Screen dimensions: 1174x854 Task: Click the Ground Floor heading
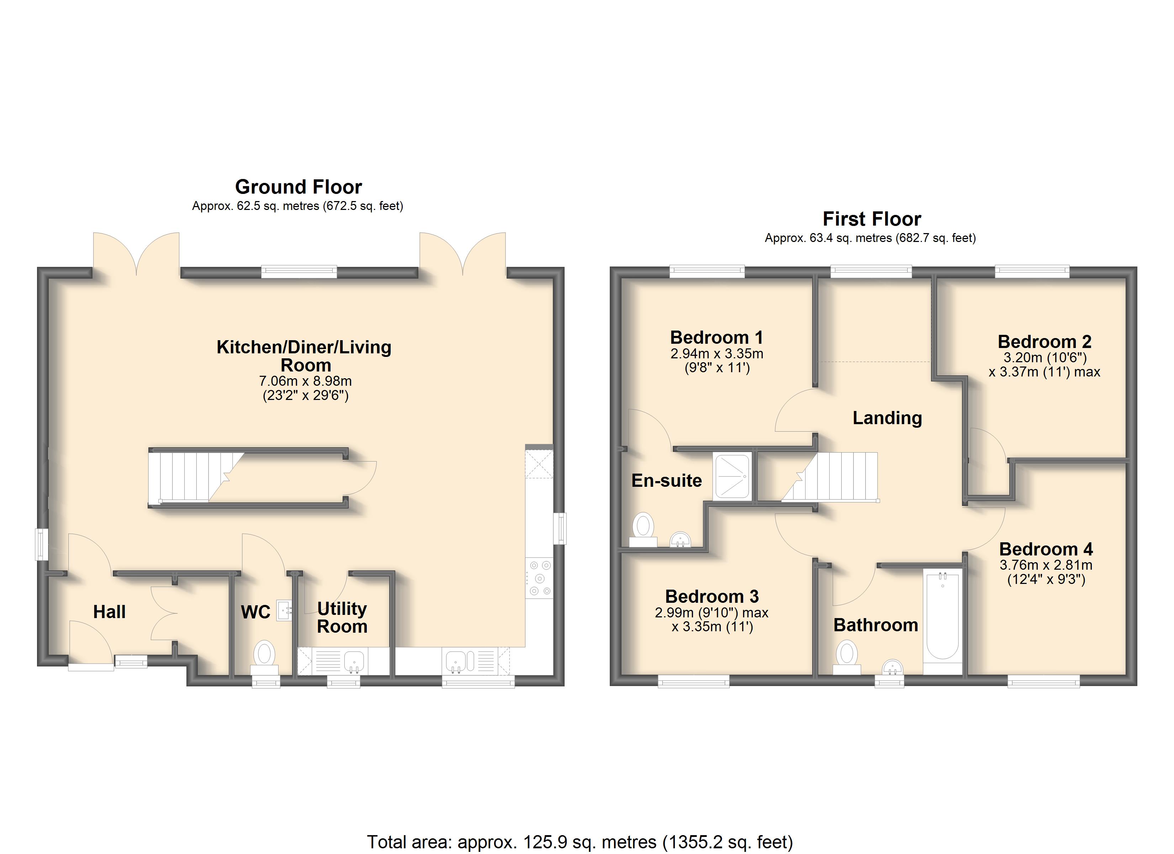299,186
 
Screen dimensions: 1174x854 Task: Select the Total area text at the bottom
580,842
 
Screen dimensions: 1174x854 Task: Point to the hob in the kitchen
539,578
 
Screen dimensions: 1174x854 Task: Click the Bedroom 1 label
716,338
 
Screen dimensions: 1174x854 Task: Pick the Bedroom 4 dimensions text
1046,572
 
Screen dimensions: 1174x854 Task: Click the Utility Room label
342,617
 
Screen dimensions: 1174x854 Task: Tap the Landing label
887,418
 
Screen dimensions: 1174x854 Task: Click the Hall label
109,612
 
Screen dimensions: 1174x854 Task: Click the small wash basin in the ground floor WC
284,610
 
